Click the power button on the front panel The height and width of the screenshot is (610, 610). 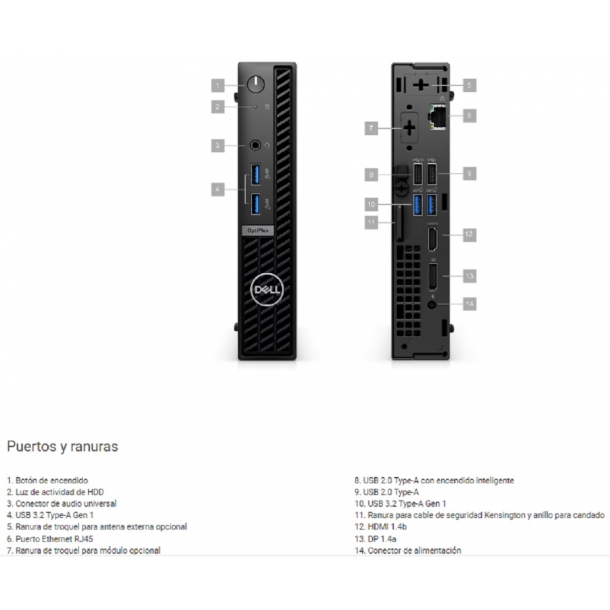255,85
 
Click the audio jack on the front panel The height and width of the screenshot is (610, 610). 255,144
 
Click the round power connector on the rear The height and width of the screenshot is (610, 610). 433,304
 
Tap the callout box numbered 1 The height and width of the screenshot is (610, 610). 218,85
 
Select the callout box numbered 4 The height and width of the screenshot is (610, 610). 218,190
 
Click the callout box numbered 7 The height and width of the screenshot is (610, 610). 371,127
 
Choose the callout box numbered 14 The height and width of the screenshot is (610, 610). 470,304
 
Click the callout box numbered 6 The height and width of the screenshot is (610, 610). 470,116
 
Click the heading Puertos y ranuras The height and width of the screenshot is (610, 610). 62,447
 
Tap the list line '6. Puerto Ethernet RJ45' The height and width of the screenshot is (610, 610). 50,539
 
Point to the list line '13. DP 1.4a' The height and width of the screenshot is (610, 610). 377,539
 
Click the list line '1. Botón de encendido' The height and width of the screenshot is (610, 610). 47,481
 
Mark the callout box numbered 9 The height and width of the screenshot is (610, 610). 470,174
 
